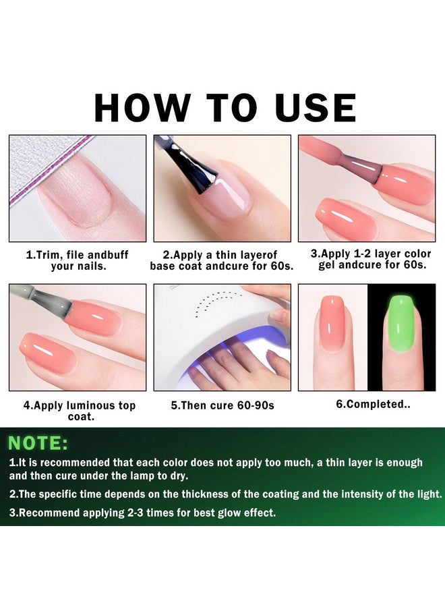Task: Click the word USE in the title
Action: coord(314,108)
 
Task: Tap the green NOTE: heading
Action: coord(38,443)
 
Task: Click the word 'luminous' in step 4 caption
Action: coord(88,405)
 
